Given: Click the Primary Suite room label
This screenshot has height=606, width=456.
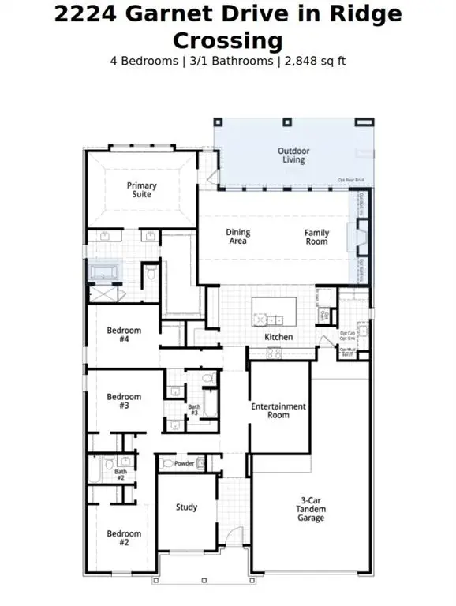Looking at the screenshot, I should coord(142,190).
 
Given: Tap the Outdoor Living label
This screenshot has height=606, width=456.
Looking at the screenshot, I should coord(293,155).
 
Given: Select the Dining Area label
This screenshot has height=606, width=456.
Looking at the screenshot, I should coord(237,237).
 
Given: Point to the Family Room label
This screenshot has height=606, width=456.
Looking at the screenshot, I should coord(316,237).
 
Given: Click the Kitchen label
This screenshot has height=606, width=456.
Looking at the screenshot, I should coord(278,337).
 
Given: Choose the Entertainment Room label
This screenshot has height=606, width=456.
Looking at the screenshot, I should coord(278,410).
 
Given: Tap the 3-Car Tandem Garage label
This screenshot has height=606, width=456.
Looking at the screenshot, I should coord(311,509).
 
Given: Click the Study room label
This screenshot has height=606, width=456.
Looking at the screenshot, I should coord(187,507).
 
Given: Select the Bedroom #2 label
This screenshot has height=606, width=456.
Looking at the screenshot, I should coord(124,538).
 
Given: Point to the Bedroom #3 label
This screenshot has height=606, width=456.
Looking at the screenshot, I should coord(124,401).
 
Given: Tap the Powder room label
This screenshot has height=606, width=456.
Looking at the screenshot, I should coord(185,463).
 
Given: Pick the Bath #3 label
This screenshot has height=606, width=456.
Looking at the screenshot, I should coord(194,410).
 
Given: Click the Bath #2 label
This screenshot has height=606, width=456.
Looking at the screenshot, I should coord(121,474).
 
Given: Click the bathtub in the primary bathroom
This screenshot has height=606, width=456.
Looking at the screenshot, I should coord(104,273).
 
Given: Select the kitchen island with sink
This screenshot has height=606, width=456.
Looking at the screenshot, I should coord(275,312).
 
